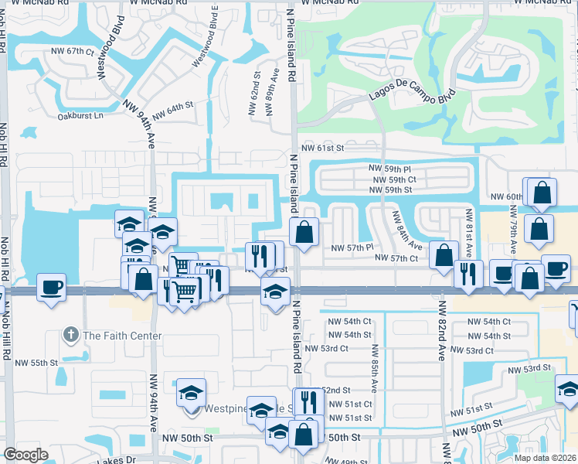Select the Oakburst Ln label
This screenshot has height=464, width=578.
click(x=80, y=116)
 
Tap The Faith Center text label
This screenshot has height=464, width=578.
click(x=122, y=336)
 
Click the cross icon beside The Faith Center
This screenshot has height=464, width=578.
click(x=71, y=335)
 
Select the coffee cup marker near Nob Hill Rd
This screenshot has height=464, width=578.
click(x=52, y=288)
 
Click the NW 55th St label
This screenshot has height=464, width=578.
click(x=38, y=362)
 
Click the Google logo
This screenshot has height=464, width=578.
click(x=25, y=455)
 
